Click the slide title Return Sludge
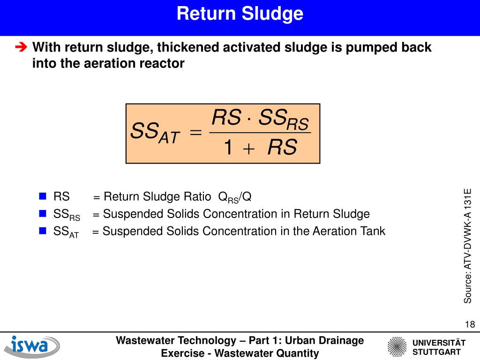[240, 14]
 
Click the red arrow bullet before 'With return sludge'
[21, 47]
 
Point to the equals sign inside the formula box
[196, 133]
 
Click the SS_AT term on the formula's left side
[155, 133]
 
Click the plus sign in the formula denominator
[248, 149]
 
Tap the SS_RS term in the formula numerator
[284, 119]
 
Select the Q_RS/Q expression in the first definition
[235, 197]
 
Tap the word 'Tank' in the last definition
[373, 231]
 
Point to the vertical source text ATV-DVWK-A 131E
[468, 246]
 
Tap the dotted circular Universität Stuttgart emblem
[397, 347]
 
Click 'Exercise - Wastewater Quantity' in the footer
[240, 353]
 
